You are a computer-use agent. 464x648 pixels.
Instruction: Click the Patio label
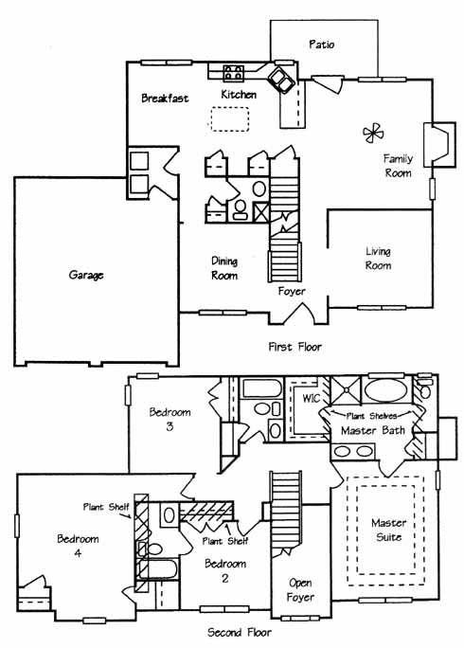[321, 45]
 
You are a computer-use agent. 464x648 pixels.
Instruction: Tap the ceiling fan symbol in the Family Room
[373, 133]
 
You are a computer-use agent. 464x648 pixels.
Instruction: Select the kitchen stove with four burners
[234, 72]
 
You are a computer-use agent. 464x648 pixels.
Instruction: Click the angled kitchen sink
[281, 79]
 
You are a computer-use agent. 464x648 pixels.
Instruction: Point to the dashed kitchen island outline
[230, 119]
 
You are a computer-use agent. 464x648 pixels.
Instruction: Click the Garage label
[86, 275]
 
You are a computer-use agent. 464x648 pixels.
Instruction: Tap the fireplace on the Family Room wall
[439, 145]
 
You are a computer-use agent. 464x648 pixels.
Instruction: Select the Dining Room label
[224, 269]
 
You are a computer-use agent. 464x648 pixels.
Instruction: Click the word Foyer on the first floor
[292, 292]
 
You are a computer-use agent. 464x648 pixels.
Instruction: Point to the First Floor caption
[295, 347]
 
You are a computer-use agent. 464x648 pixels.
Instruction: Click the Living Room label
[378, 259]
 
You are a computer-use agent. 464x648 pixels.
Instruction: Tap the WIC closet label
[311, 399]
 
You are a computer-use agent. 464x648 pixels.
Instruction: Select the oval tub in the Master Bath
[385, 389]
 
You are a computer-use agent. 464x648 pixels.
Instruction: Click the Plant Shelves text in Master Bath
[371, 416]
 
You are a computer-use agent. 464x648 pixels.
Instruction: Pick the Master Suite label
[389, 530]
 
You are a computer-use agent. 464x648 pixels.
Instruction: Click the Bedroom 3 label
[170, 419]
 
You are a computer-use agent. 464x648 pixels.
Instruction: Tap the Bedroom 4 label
[78, 546]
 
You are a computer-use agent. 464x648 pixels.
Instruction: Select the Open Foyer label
[300, 590]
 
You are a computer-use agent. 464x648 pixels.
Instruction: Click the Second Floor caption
[240, 632]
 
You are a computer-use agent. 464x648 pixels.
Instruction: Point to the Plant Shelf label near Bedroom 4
[106, 507]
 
